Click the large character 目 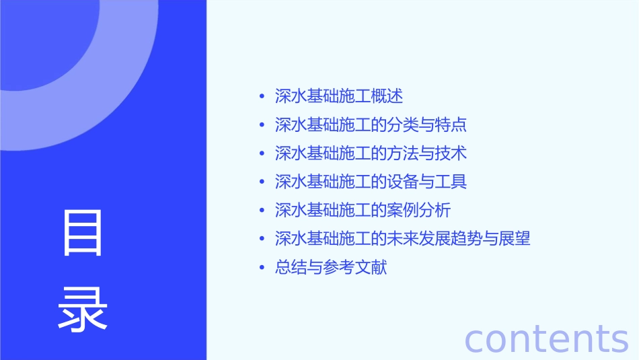(x=83, y=233)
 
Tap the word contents (x=546, y=338)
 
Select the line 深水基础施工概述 (x=338, y=96)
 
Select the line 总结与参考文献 (x=331, y=268)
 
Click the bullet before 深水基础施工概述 (x=262, y=97)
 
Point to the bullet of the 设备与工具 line (x=262, y=182)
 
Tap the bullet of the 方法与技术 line (x=262, y=154)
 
